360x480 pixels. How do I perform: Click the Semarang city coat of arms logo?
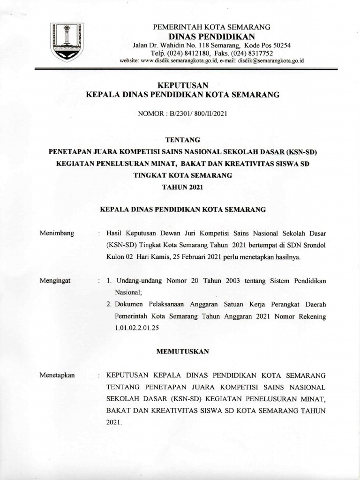point(67,43)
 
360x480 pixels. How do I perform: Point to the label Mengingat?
point(55,280)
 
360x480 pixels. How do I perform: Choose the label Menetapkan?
point(58,375)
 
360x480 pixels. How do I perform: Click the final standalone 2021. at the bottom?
point(114,422)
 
